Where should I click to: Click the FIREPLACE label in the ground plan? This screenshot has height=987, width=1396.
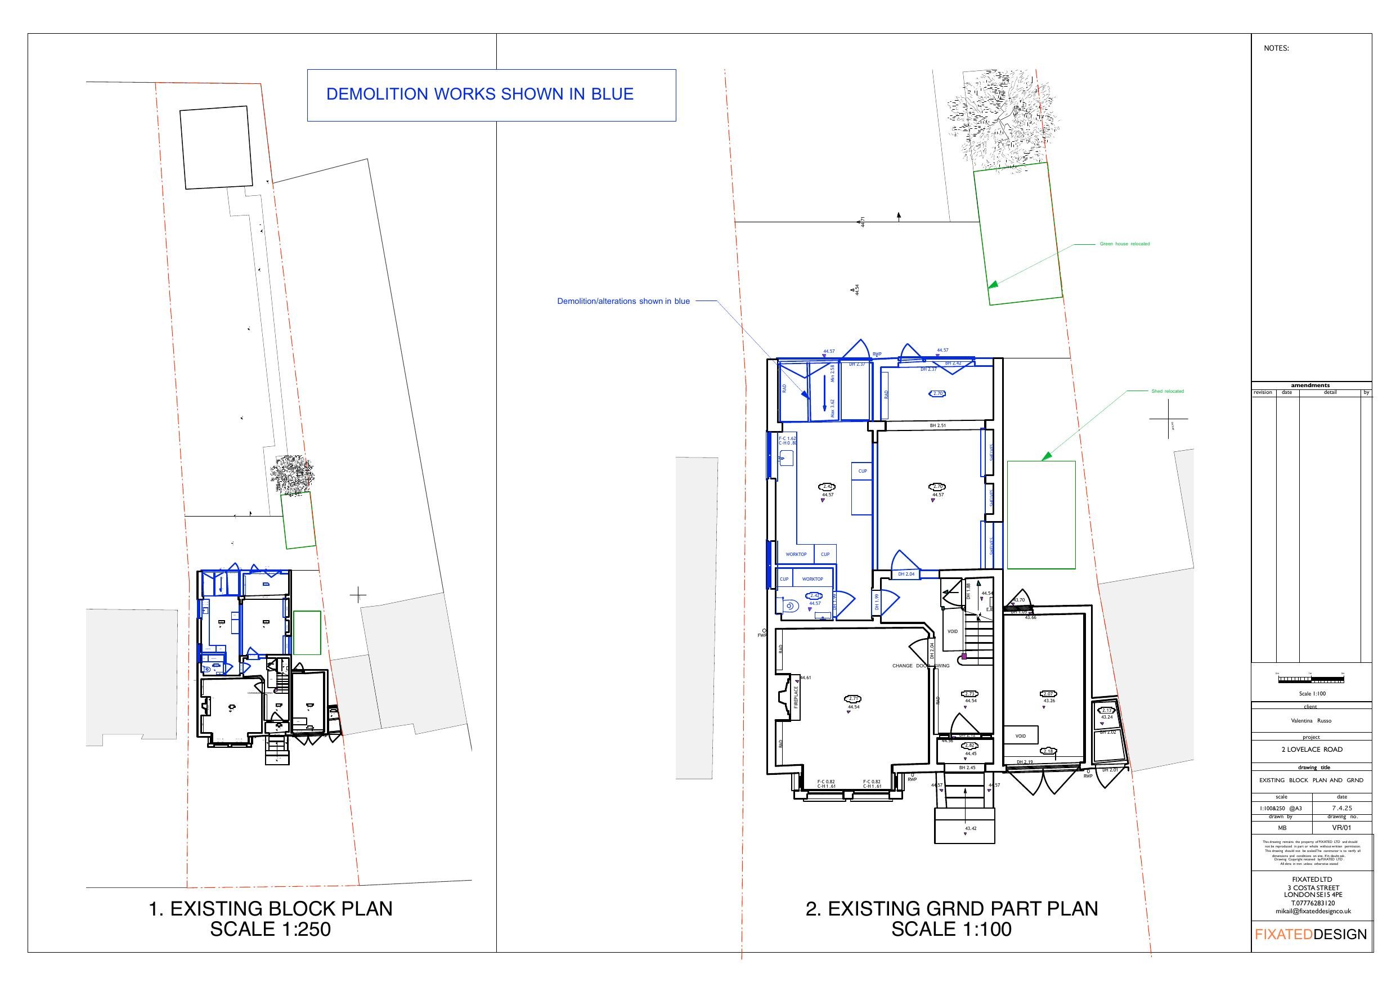(x=795, y=697)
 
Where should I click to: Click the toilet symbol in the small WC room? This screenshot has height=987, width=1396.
(x=790, y=606)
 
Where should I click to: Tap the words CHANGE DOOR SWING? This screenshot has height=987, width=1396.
(x=921, y=666)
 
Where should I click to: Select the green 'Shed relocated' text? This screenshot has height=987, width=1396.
(x=1168, y=391)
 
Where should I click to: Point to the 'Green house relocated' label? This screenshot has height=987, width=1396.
(x=1124, y=244)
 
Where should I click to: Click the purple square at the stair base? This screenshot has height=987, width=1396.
(x=964, y=657)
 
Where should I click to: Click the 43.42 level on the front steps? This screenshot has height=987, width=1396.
(x=971, y=828)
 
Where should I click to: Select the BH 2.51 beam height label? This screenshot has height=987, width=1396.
(x=937, y=426)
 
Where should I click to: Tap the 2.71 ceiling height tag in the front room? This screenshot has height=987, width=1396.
(x=854, y=699)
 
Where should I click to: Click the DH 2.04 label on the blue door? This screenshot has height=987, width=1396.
(x=906, y=574)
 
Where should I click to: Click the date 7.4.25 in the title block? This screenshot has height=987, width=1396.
(x=1342, y=808)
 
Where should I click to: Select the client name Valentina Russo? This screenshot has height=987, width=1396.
(x=1311, y=721)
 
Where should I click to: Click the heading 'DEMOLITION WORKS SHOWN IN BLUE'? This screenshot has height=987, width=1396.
(x=480, y=95)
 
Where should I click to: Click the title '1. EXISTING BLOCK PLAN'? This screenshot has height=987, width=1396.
(x=271, y=909)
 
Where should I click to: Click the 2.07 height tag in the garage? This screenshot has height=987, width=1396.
(x=1048, y=694)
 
